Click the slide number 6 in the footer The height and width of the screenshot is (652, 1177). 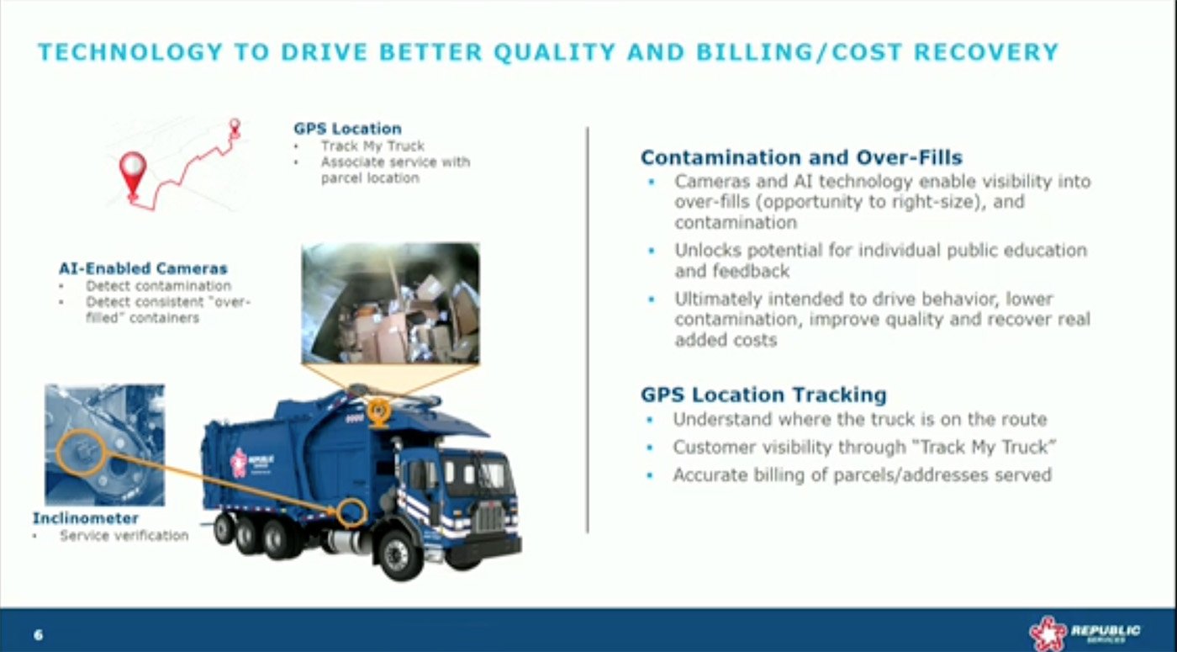tap(38, 634)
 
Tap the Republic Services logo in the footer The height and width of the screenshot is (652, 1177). tap(1085, 632)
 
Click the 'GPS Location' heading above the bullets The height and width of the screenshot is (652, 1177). tap(347, 129)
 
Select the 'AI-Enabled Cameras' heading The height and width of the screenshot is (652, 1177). tap(143, 268)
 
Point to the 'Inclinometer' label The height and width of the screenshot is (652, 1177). tap(85, 518)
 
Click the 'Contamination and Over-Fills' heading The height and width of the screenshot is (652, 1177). tap(801, 157)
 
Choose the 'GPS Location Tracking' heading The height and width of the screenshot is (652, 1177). tap(763, 395)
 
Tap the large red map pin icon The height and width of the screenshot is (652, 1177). tap(132, 172)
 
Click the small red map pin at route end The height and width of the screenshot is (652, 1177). tap(235, 126)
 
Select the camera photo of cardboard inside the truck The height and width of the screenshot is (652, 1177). tap(390, 303)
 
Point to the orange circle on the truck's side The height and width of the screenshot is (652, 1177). tap(351, 512)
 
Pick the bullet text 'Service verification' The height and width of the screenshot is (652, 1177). tap(124, 535)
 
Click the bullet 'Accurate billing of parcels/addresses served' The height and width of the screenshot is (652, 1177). tap(862, 475)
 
